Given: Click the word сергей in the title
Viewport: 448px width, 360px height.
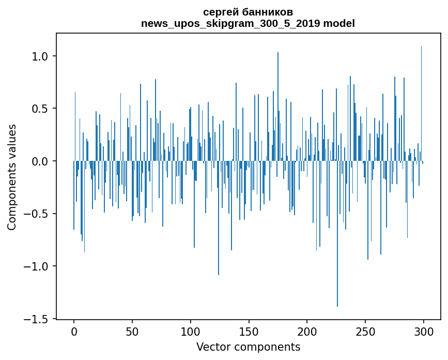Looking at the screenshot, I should pos(220,12).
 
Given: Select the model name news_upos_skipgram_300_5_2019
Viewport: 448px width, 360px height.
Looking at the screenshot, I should pos(230,24).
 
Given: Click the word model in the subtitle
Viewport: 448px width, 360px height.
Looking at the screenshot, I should pos(339,24).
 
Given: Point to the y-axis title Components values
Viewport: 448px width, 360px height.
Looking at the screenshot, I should pos(12,177).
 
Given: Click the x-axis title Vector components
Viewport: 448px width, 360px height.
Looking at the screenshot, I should pos(248,347).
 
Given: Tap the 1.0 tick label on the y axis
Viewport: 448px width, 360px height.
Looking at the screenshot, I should pos(41,56).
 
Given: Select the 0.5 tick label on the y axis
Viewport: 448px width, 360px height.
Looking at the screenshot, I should pos(41,109).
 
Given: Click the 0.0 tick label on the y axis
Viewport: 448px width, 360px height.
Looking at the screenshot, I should pos(41,161).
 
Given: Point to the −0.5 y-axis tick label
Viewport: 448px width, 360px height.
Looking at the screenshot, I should pos(37,214).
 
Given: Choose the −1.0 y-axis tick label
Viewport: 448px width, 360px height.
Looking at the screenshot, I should pos(37,266).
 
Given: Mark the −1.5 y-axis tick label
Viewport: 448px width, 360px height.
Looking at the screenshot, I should pos(37,319).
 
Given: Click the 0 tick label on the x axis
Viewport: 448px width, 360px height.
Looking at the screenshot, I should pos(74,331).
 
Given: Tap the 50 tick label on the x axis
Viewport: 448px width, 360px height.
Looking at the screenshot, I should pos(132,331).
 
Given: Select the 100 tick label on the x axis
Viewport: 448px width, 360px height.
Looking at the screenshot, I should pos(191,331).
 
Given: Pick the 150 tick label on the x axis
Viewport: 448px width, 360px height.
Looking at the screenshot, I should pos(249,331).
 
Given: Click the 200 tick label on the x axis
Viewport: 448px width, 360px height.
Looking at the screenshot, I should pos(307,331).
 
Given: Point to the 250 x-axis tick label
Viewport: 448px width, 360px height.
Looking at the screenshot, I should pos(366,331).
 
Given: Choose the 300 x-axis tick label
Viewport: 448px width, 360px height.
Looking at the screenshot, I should pos(424,331).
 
